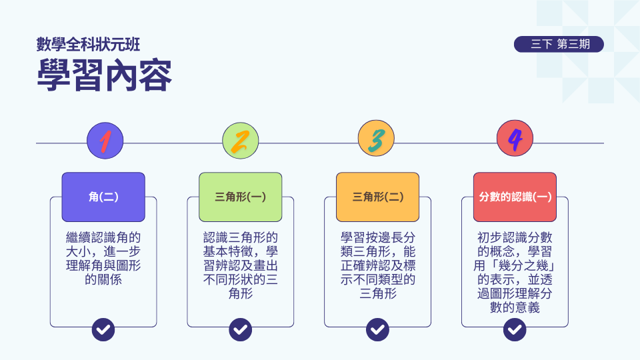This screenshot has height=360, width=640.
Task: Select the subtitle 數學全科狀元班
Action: [88, 45]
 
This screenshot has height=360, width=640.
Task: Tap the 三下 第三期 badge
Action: [559, 45]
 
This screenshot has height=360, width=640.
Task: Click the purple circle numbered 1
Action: [105, 140]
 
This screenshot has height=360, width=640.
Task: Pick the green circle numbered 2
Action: [241, 140]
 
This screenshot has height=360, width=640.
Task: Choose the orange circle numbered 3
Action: [377, 140]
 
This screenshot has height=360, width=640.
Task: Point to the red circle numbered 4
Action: [515, 140]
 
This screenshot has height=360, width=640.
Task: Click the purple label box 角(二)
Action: [103, 197]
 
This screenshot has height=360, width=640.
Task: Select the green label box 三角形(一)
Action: [241, 197]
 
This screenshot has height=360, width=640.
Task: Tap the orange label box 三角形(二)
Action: [377, 197]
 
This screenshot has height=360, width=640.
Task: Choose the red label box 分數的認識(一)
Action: [515, 197]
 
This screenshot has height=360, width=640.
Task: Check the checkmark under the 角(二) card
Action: [103, 329]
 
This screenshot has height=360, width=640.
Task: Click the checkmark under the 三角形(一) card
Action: [241, 329]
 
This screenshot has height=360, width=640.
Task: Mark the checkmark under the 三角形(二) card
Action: [377, 329]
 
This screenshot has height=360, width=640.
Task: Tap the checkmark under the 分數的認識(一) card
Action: [515, 329]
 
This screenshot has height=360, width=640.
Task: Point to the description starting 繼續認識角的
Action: [103, 259]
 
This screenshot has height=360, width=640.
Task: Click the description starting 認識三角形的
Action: [241, 265]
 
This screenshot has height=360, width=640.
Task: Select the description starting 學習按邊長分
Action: [377, 265]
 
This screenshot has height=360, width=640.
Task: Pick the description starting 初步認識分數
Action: [515, 272]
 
